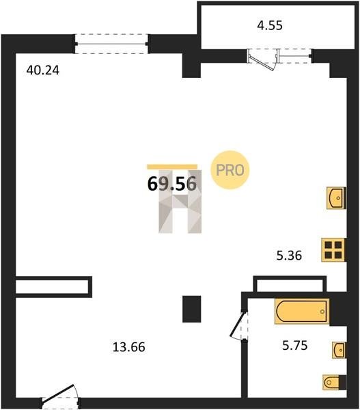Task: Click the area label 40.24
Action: (43, 70)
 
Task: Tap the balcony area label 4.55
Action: (270, 26)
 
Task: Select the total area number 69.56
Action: (171, 184)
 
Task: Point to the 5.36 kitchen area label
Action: (289, 256)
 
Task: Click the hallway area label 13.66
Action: (128, 347)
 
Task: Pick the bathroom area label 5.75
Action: (295, 346)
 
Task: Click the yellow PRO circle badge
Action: (230, 170)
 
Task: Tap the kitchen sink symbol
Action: (336, 198)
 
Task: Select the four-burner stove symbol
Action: (334, 249)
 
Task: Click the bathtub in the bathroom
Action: (302, 311)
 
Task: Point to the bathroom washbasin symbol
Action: (339, 350)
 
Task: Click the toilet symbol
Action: (334, 383)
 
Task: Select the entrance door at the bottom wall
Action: (61, 394)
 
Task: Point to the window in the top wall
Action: (112, 44)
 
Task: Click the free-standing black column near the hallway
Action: (192, 309)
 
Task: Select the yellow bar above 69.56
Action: (172, 167)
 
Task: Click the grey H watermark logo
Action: (180, 202)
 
